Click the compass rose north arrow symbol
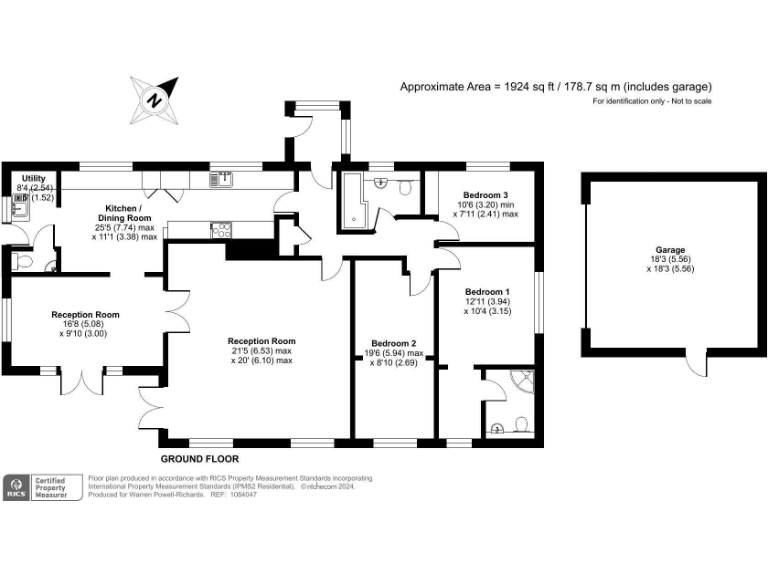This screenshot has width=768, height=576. (154, 98)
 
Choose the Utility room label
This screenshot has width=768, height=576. (20, 178)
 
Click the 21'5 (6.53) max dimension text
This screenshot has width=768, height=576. (260, 351)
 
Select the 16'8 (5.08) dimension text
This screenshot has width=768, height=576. (85, 324)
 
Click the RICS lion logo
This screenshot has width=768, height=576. (15, 487)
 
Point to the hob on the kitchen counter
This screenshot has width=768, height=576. (221, 229)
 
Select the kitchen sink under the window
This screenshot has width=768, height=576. (221, 180)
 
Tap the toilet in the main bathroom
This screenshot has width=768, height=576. (405, 186)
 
